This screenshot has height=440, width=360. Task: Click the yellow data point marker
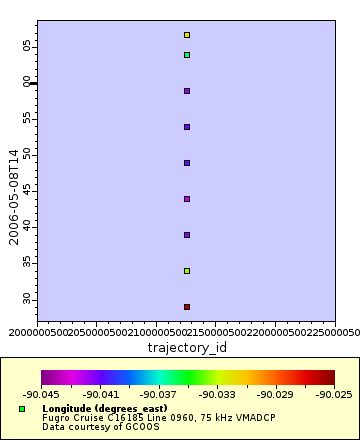(187, 35)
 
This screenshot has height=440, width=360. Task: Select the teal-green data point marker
(187, 55)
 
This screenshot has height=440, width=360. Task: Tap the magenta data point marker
(187, 199)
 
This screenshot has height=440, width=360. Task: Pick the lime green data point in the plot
(187, 271)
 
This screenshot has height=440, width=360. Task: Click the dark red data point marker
(187, 307)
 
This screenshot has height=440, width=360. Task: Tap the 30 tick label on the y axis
(29, 299)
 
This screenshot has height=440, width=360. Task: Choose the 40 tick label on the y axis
(29, 227)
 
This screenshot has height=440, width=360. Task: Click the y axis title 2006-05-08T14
(13, 191)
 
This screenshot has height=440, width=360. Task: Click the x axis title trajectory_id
(187, 347)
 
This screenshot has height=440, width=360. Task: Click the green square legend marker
(22, 409)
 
